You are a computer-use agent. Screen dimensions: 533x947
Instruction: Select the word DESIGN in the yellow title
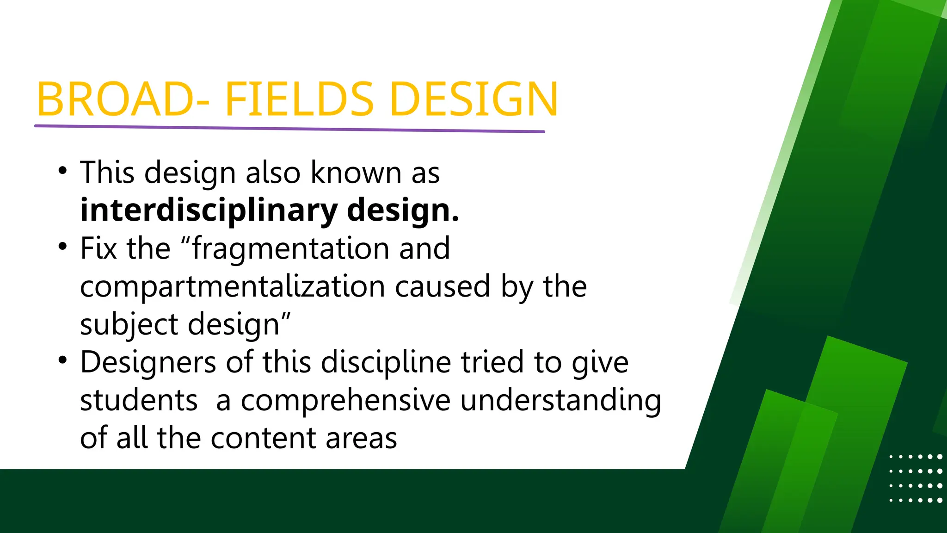pos(474,99)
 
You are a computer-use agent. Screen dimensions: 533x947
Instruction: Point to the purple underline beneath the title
pos(289,128)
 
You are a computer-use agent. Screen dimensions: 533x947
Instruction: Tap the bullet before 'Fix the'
pos(63,247)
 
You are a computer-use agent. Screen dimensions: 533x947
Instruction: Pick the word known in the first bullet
pos(356,173)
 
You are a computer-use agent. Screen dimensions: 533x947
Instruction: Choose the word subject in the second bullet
pos(129,324)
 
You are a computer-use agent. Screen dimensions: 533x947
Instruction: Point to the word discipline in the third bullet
pos(386,362)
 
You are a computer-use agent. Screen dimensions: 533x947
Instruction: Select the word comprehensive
pos(345,400)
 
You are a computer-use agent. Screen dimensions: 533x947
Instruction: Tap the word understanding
pos(560,400)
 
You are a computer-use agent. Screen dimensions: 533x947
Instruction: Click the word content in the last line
pos(263,438)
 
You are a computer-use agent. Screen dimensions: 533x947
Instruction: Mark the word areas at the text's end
pos(361,438)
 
